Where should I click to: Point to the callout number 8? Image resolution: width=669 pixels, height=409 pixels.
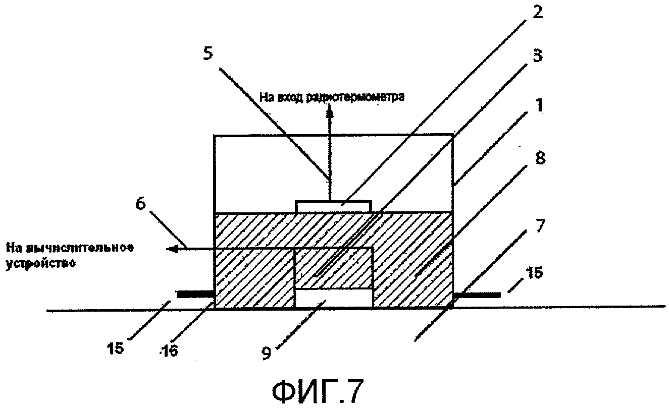[x=536, y=159]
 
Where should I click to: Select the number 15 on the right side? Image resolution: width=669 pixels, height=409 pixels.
[x=534, y=273]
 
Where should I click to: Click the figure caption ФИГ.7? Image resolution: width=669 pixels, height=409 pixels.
[x=317, y=391]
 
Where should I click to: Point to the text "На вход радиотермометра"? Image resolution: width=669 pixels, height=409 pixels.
[x=332, y=97]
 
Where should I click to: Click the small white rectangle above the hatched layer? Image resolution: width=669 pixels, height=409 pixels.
[x=333, y=206]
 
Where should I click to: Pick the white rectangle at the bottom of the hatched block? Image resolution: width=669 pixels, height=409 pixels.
[x=333, y=298]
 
